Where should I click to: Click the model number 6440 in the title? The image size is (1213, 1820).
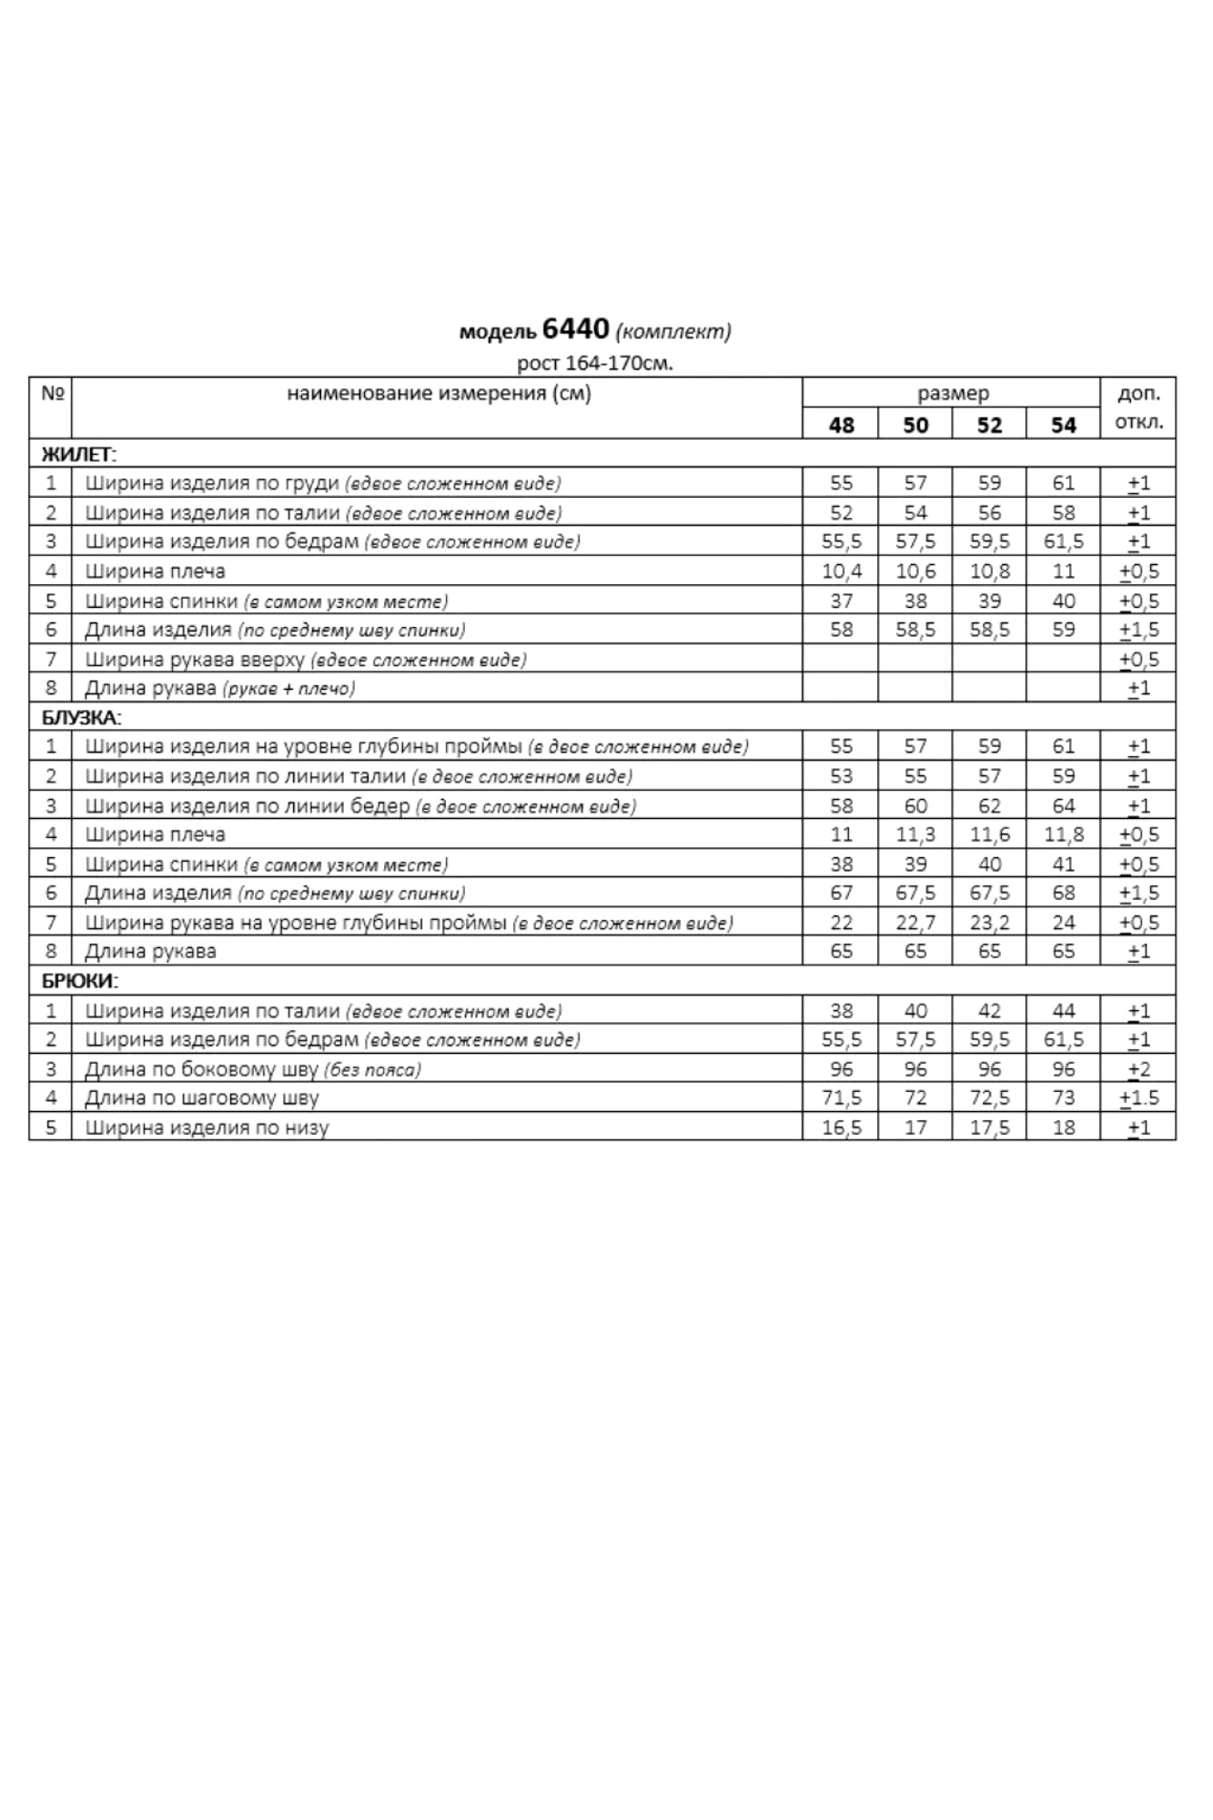point(574,329)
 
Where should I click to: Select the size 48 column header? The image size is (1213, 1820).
point(841,425)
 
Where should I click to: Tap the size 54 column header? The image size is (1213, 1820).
point(1063,425)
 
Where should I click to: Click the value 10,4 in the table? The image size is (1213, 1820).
point(841,571)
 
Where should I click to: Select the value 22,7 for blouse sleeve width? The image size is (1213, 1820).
point(915,923)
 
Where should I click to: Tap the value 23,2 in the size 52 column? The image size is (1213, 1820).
point(989,923)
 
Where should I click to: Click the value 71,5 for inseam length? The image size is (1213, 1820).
point(841,1098)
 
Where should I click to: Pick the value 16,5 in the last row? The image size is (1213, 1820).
point(841,1127)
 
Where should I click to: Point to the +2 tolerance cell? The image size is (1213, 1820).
point(1138,1069)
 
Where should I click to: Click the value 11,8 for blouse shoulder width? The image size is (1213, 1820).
point(1063,834)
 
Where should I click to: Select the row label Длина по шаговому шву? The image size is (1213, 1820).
point(202,1098)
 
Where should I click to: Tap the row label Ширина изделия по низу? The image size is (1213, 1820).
point(207,1127)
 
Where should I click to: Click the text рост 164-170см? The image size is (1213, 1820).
point(595,364)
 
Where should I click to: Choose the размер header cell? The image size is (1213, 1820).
point(952,394)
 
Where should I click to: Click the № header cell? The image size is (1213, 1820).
point(51,394)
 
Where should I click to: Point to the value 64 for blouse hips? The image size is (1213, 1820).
point(1063,805)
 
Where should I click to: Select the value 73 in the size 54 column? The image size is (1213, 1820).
point(1063,1098)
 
